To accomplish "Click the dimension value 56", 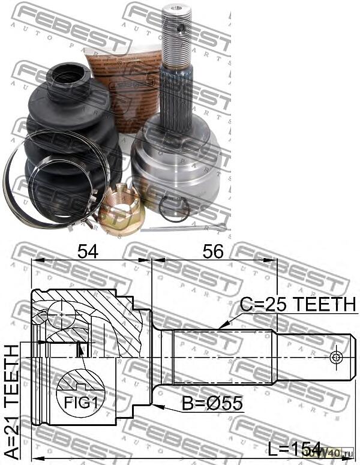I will click(x=212, y=251).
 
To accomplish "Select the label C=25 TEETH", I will click(x=298, y=305).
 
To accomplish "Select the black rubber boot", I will click(x=72, y=138).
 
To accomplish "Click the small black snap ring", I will click(x=174, y=208).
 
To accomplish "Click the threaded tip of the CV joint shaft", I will click(x=177, y=36).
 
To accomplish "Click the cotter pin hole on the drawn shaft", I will click(x=335, y=358).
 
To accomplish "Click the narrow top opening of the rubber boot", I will click(x=69, y=75).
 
